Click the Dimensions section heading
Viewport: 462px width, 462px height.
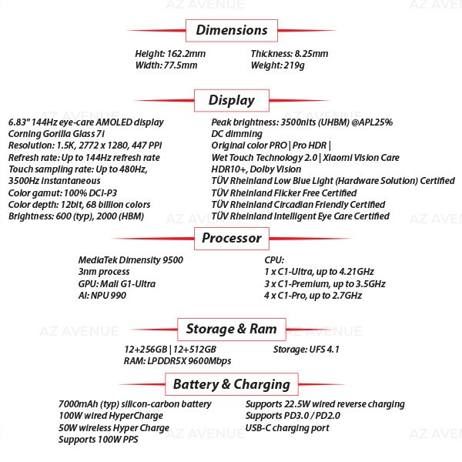tap(232, 30)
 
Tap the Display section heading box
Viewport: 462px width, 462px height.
tap(232, 100)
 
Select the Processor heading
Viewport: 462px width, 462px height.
tap(232, 239)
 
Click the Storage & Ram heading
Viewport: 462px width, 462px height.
tap(232, 329)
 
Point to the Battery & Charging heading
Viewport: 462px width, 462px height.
tap(232, 384)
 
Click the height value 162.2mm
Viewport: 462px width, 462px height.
tap(186, 54)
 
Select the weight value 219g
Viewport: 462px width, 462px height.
tap(294, 65)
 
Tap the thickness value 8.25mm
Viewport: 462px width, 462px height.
tap(311, 54)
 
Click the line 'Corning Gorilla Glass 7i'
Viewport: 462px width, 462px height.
tap(56, 134)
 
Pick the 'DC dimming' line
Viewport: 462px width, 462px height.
tap(237, 134)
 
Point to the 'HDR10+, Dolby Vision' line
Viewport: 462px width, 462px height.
tap(256, 169)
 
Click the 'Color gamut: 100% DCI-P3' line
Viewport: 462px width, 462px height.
tap(63, 193)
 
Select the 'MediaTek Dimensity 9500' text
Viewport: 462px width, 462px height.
tap(131, 260)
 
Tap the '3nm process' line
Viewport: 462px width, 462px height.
tap(104, 272)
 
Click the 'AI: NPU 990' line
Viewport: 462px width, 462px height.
tap(102, 296)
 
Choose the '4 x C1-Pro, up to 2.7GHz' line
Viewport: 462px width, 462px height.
tap(313, 296)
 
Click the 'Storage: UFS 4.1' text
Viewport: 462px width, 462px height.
tap(306, 350)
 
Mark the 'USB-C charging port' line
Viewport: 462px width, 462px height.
tap(287, 428)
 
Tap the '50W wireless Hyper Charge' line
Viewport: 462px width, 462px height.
tap(114, 428)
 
